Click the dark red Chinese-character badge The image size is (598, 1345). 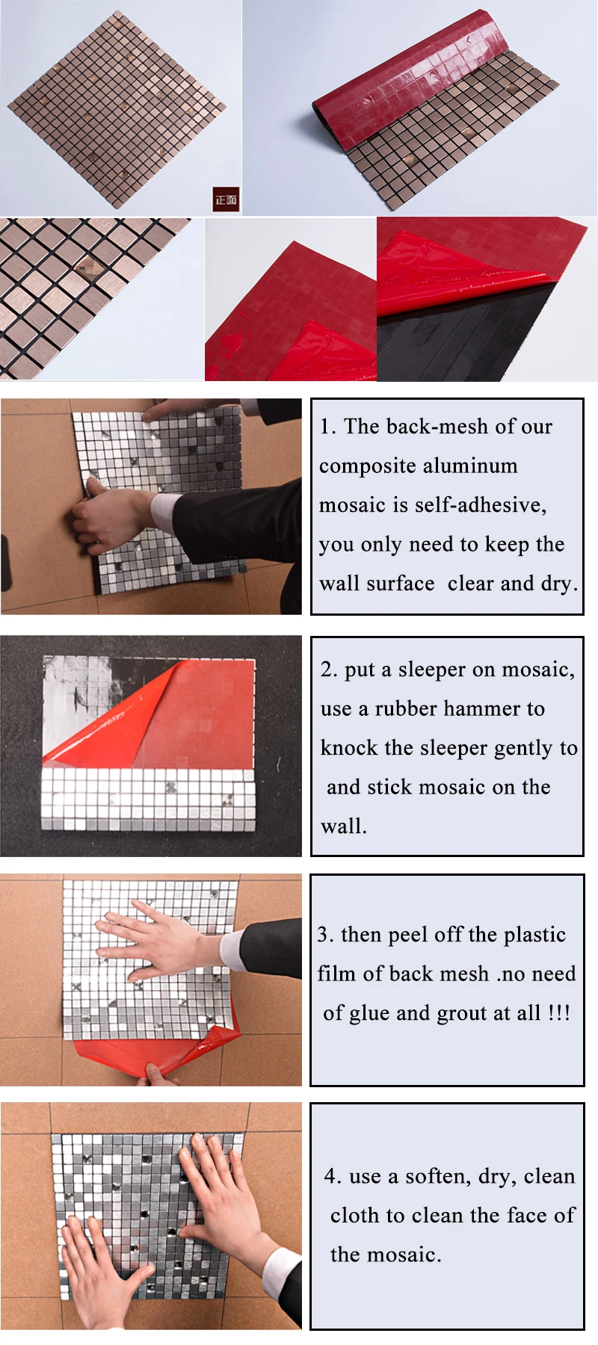pos(226,199)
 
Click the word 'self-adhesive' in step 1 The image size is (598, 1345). pos(480,505)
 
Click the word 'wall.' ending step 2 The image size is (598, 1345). pos(343,826)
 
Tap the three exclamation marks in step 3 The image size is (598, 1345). pos(559,1013)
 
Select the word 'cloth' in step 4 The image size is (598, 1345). pos(354,1216)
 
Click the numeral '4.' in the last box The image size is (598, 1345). pos(333,1176)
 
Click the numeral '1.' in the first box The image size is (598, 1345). pos(327,427)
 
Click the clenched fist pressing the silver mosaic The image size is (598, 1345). pos(105,516)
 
